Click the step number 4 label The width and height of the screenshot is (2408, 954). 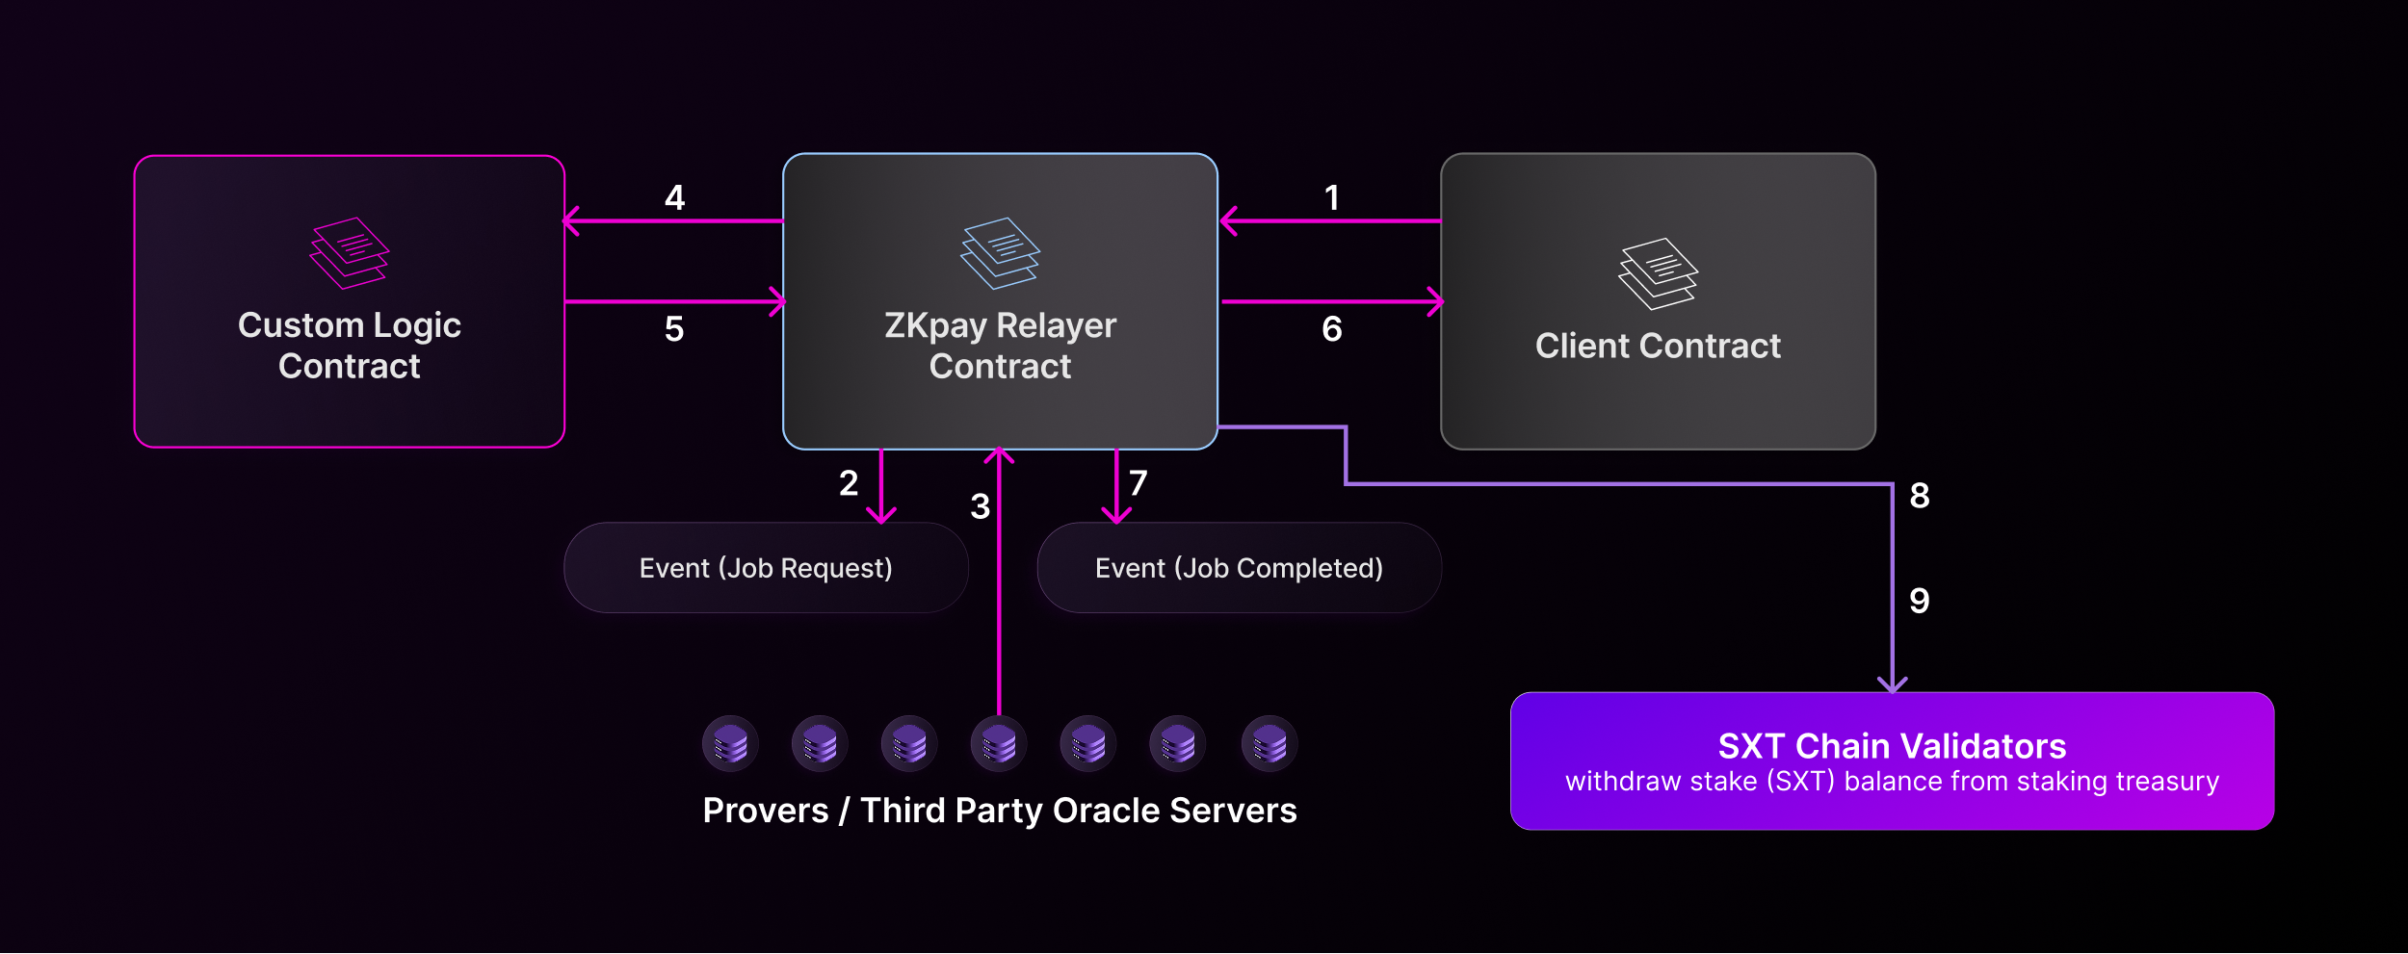point(674,197)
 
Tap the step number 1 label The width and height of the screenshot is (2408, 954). point(1332,197)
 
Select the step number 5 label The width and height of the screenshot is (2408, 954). point(674,329)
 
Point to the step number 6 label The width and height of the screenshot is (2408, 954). point(1332,329)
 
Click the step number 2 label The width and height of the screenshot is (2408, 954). point(849,482)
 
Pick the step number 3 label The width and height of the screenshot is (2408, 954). point(981,506)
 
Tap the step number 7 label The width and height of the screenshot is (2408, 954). point(1139,482)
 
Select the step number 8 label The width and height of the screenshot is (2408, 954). point(1920,496)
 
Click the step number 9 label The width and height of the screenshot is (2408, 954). point(1920,601)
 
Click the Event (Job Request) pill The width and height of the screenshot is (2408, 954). point(766,568)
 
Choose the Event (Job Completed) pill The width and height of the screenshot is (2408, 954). point(1239,568)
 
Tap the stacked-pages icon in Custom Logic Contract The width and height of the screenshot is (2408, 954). point(349,252)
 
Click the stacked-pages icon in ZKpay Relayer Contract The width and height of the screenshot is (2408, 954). point(1000,252)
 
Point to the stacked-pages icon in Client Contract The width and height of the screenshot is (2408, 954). point(1658,273)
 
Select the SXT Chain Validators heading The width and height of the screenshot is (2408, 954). point(1892,746)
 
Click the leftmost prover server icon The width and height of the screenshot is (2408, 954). point(730,743)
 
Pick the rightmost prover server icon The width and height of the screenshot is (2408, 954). point(1269,743)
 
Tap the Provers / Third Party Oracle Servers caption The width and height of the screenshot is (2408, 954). point(1000,811)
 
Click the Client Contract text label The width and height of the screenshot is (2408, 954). point(1658,346)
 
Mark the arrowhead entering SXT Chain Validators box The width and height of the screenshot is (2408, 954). point(1893,684)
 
